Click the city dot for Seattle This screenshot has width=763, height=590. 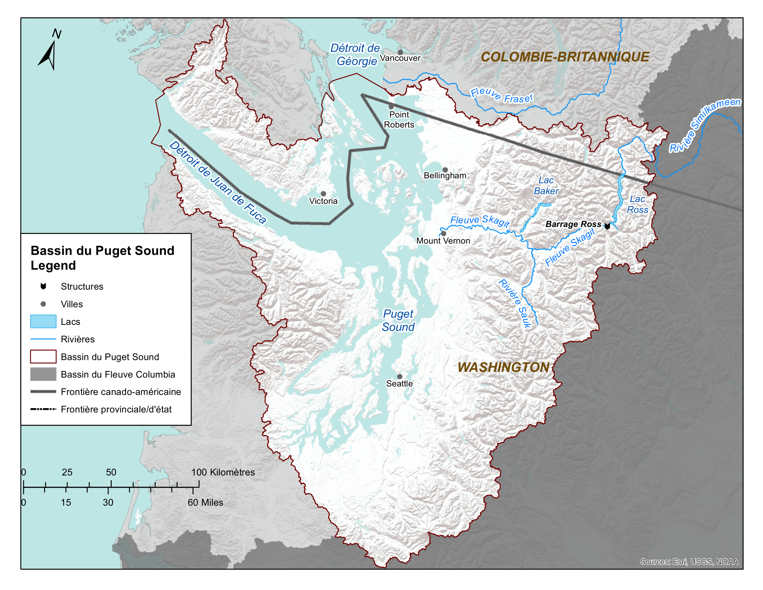point(400,377)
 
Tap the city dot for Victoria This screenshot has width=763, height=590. point(324,194)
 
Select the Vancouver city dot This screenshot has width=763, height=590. point(400,52)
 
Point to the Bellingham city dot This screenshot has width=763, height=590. point(445,170)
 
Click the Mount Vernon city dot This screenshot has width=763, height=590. point(444,234)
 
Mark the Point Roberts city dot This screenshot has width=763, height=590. point(391,106)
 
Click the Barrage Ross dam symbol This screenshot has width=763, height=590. point(608,226)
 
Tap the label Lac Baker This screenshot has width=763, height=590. point(546,186)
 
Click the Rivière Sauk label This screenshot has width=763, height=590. point(515,303)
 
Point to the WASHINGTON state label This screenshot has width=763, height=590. point(504,367)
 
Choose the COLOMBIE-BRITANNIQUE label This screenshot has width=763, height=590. point(565,57)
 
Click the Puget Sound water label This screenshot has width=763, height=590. point(398,320)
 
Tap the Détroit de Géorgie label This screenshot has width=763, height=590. point(355,54)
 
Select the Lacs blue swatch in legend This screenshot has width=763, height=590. point(43,321)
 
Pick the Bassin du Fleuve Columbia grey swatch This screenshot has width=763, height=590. point(43,374)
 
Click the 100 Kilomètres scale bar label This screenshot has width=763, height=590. point(223,472)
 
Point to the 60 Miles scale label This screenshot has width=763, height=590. point(205,502)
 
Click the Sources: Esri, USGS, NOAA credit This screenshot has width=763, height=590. point(689,561)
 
